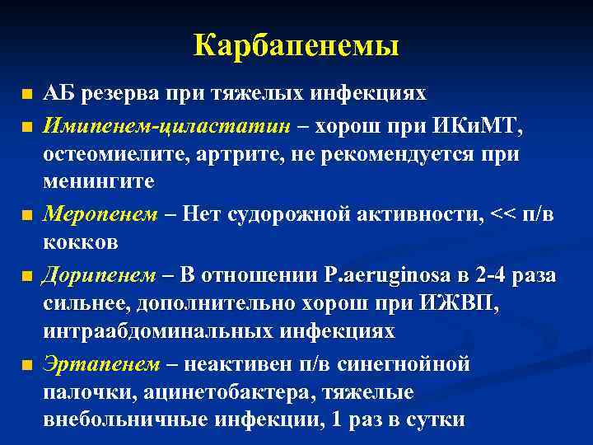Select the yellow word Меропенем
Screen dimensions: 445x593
100,214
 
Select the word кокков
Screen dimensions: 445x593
80,243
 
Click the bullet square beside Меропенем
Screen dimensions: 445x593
28,215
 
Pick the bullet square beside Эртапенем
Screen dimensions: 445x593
28,363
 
